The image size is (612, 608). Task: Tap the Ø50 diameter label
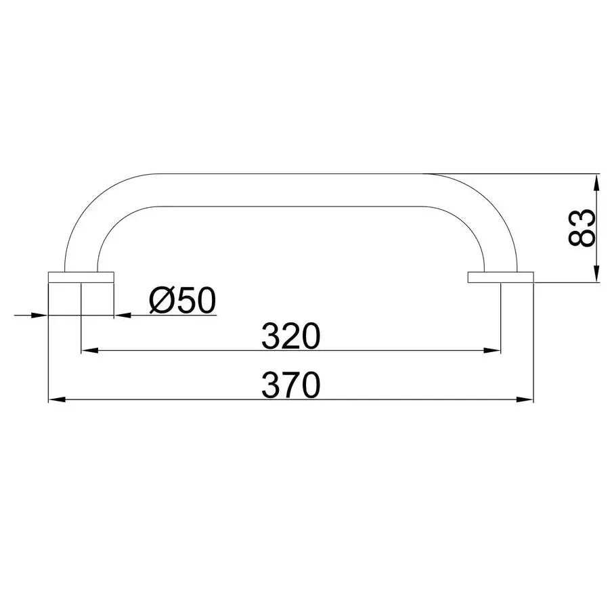click(x=181, y=301)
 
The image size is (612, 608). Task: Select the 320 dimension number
click(x=290, y=336)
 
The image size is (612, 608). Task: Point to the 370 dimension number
click(x=290, y=386)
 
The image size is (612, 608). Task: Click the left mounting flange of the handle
click(x=81, y=278)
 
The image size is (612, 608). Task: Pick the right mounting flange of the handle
click(x=501, y=278)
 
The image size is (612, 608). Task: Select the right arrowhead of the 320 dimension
click(x=495, y=351)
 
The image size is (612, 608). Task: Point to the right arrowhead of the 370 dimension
click(x=527, y=400)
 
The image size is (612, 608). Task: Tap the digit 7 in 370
click(x=290, y=386)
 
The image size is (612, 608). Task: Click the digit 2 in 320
click(x=290, y=336)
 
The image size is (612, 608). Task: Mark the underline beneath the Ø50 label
click(x=181, y=316)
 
